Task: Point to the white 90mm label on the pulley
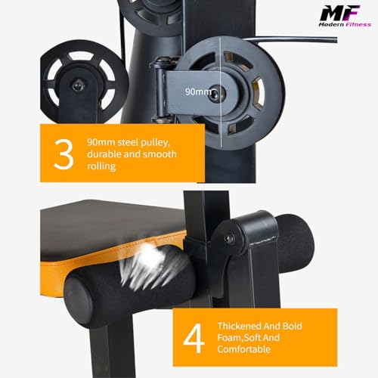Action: coord(199,91)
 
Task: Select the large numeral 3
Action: coord(65,153)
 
